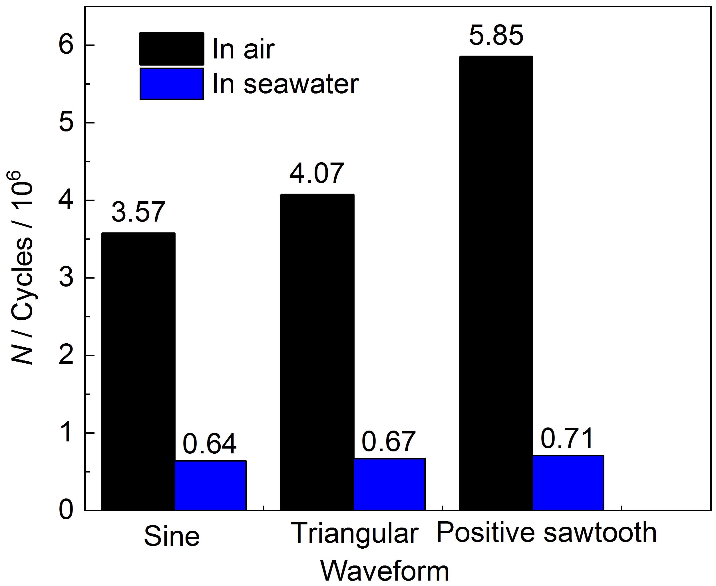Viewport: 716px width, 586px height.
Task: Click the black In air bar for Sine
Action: [138, 371]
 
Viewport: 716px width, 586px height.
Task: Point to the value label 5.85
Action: [496, 35]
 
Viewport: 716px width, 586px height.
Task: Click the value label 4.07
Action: [317, 173]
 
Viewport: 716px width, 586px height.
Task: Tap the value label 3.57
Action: [138, 212]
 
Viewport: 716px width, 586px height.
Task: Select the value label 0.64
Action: [210, 444]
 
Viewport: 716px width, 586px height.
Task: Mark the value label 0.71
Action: [567, 439]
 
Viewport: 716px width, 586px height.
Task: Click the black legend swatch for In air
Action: [172, 49]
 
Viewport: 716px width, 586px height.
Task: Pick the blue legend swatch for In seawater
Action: [172, 84]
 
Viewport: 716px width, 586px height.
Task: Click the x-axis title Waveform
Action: [385, 571]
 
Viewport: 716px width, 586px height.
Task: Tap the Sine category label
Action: [172, 536]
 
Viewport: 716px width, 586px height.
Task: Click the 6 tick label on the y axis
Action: [66, 45]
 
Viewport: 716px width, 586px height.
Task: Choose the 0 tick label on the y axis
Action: [66, 510]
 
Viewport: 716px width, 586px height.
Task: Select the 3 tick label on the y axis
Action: [66, 278]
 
